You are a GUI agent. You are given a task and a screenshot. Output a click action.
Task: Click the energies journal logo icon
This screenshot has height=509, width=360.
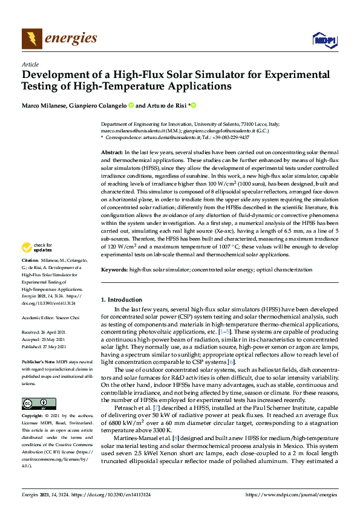(32, 39)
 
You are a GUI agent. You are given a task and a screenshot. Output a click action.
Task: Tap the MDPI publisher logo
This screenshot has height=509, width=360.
(324, 40)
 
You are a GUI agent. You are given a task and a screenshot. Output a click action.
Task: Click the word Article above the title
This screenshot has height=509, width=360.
(30, 64)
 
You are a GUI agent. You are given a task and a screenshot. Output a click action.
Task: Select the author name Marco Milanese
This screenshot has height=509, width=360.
(44, 105)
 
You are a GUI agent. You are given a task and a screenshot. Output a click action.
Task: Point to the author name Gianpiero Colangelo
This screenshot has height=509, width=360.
(98, 105)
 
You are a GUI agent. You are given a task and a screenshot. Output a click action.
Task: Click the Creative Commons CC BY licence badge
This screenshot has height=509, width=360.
(39, 404)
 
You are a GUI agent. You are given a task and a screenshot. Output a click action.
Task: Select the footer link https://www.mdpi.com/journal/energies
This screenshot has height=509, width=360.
(292, 494)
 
